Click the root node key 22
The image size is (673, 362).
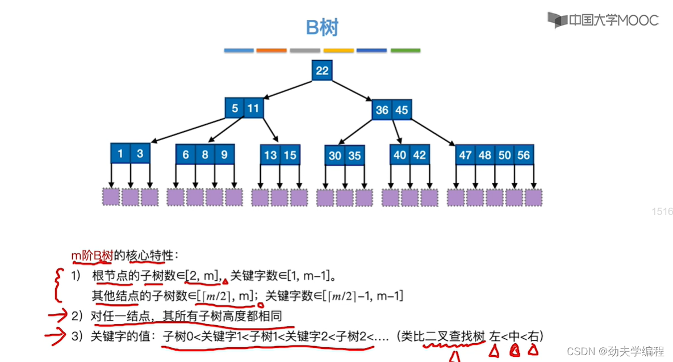[x=322, y=70]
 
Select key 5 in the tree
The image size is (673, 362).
[x=235, y=108]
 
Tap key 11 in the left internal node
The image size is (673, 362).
[x=253, y=108]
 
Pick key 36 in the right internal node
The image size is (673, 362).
[x=382, y=110]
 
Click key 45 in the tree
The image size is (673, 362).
[x=402, y=110]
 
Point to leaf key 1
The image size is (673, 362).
[x=120, y=153]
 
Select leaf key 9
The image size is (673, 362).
[x=224, y=154]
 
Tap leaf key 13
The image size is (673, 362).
[x=271, y=155]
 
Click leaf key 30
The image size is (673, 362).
[x=335, y=155]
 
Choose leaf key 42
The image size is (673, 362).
[x=419, y=154]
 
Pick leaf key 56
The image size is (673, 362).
[x=523, y=154]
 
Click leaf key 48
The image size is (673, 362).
[x=484, y=154]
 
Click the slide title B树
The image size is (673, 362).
[x=322, y=27]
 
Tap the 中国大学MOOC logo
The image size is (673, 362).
[x=603, y=20]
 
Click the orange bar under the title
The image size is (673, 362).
[x=271, y=50]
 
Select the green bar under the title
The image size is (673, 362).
[x=405, y=50]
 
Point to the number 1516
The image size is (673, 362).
[x=662, y=212]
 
